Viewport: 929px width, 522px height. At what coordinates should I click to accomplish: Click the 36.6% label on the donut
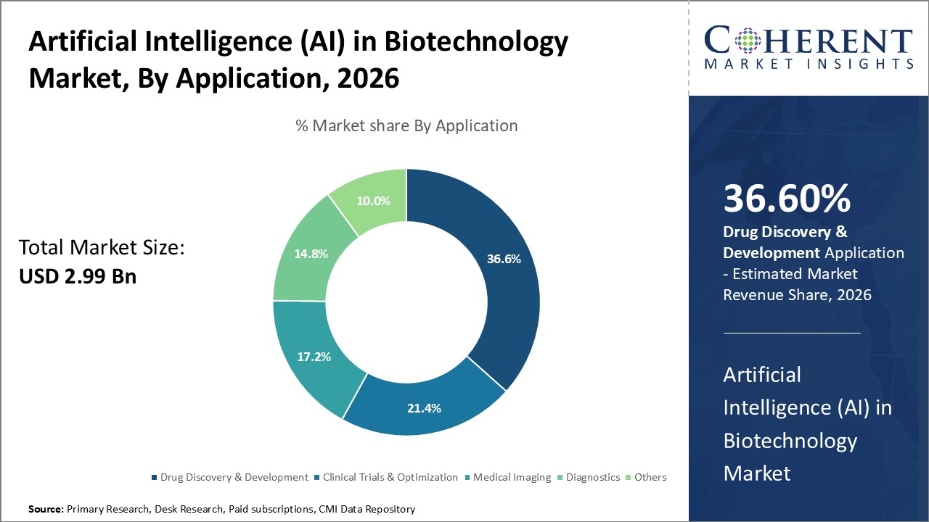[503, 259]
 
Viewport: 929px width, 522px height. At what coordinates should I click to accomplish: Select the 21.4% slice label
[424, 408]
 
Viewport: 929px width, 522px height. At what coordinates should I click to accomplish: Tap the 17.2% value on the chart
[314, 357]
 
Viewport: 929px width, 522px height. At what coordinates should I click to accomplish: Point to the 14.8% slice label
[311, 254]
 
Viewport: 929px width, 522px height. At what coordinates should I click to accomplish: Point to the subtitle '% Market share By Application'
[406, 125]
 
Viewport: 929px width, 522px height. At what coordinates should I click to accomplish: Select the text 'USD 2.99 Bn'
[78, 276]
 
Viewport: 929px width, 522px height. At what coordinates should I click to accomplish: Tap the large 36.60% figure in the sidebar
[787, 199]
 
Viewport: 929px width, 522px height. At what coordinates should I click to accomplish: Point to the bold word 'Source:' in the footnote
[46, 510]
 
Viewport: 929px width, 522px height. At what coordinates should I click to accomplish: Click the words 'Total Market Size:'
[102, 248]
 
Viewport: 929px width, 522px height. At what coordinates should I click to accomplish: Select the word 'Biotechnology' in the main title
[475, 42]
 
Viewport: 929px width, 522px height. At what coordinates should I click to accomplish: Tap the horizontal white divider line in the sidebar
[792, 333]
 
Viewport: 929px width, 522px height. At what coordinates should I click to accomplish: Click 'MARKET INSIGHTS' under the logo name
[808, 64]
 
